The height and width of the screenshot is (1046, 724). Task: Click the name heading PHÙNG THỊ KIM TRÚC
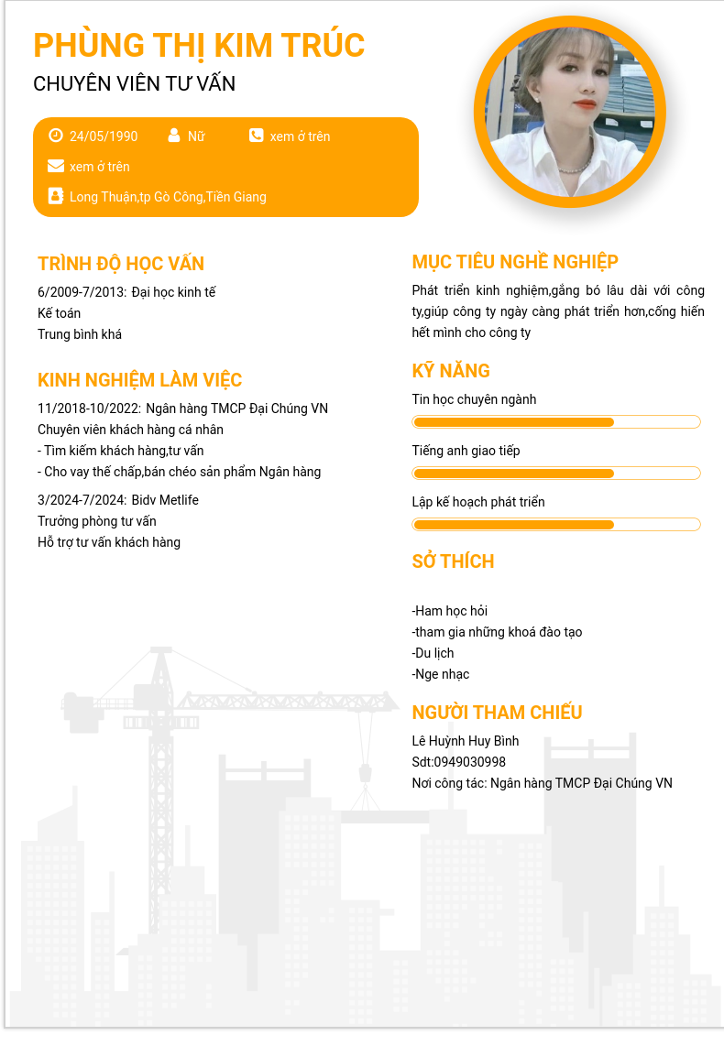click(199, 45)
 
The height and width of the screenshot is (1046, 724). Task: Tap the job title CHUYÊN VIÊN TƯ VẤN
click(134, 83)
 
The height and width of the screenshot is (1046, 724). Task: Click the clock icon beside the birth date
click(56, 136)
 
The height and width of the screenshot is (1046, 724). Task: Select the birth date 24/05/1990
click(104, 136)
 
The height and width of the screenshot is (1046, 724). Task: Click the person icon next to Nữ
click(174, 136)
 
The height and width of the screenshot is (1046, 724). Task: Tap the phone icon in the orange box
click(256, 136)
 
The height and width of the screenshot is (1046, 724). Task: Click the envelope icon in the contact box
click(56, 166)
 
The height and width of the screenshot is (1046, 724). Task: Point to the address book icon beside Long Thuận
click(56, 196)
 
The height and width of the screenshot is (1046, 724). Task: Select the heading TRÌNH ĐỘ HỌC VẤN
click(121, 264)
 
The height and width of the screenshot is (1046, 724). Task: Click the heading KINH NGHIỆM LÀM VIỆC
click(139, 380)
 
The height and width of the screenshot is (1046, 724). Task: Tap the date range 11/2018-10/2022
click(88, 409)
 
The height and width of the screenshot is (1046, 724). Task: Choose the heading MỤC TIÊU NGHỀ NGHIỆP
click(515, 262)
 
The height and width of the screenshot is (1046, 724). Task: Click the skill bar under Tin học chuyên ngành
click(556, 422)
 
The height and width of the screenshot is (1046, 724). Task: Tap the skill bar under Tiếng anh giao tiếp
click(556, 474)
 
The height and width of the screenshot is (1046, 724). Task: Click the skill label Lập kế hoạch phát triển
click(478, 502)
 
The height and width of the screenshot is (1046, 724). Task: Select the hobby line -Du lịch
click(433, 653)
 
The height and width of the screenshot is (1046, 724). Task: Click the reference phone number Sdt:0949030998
click(459, 762)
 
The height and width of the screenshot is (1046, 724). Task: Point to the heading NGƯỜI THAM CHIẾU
click(497, 713)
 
